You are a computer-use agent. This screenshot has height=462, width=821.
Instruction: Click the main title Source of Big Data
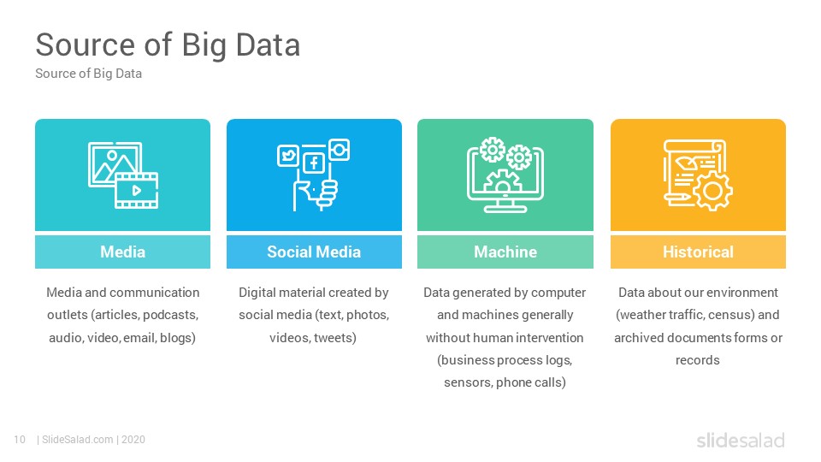[x=168, y=45]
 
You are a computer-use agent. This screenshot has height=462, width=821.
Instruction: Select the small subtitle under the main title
[x=88, y=74]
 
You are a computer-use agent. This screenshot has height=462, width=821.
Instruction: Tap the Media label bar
[x=122, y=252]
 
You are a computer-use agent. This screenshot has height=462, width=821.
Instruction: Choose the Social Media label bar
[x=314, y=252]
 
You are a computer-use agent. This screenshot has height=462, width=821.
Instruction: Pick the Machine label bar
[x=505, y=252]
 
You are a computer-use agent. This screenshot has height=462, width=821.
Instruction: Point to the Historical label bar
[x=698, y=252]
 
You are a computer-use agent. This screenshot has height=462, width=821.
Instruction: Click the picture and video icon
[x=123, y=175]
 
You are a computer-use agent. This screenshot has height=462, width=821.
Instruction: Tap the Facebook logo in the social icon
[x=314, y=163]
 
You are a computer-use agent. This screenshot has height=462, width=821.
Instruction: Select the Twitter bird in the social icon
[x=288, y=156]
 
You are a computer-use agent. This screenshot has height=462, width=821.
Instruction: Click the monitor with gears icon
[x=505, y=175]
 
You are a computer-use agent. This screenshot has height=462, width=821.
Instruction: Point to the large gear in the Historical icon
[x=712, y=191]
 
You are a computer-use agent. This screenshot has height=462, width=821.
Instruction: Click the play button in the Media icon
[x=136, y=190]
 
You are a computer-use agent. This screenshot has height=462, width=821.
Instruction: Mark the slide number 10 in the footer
[x=20, y=440]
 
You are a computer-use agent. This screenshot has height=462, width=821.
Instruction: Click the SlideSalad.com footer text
[x=78, y=440]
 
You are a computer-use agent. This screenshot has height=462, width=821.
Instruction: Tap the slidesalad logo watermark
[x=741, y=441]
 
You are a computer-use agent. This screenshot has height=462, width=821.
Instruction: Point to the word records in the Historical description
[x=698, y=360]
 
